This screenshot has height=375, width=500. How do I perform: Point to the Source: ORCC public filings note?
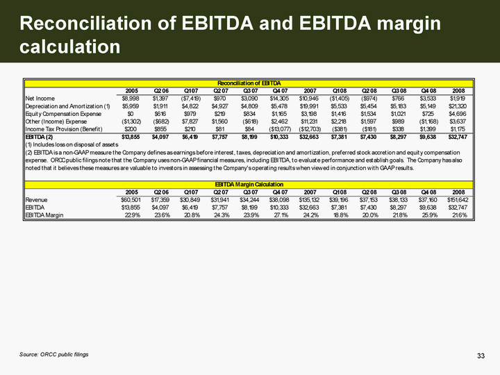click(54, 355)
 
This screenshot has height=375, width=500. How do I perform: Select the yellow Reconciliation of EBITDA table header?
click(248, 83)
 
